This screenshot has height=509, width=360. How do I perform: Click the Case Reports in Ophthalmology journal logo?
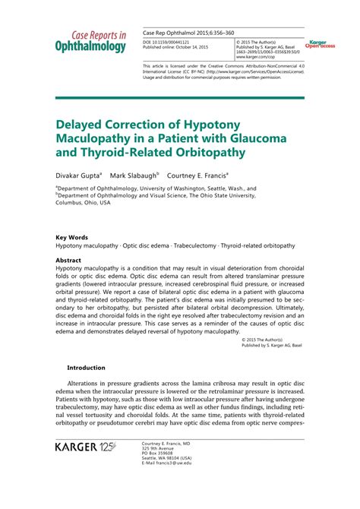(x=90, y=41)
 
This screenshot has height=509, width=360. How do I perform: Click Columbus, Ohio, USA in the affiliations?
(x=83, y=204)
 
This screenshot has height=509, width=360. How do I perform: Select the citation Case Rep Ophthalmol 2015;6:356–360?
(x=188, y=35)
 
